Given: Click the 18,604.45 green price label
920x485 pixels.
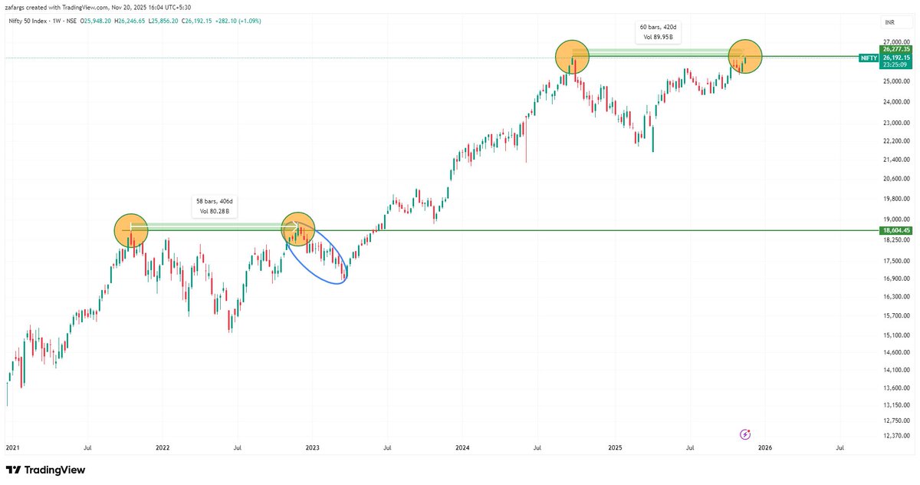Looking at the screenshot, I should pos(895,230).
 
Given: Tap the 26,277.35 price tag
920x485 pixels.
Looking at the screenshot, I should pos(895,49).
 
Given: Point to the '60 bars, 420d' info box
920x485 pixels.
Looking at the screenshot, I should pos(659,31).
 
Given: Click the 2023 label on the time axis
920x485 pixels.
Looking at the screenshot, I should pos(312,446).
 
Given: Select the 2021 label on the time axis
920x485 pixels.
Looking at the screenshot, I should pos(13,446).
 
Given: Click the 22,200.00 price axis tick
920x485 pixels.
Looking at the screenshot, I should pos(895,141).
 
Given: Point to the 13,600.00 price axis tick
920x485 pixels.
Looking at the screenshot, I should pos(895,387).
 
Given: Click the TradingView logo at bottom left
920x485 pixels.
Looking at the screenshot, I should pos(45,470).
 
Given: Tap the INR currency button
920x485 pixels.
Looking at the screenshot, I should pos(889,23).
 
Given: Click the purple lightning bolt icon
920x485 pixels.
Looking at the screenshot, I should pos(745,434).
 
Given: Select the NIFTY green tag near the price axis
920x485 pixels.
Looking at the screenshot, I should pos(869,58).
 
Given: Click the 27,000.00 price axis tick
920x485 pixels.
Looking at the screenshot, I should pos(895,43).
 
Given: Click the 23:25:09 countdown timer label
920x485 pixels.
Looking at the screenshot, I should pos(895,64).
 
